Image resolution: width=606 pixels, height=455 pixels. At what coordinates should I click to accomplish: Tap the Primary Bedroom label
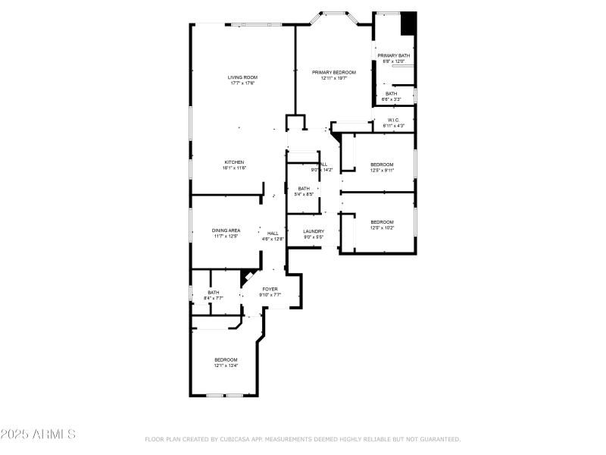[x=334, y=72]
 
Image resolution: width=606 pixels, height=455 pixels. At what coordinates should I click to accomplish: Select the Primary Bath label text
[x=394, y=55]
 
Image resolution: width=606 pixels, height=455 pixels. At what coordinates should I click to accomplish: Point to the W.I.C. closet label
[x=394, y=120]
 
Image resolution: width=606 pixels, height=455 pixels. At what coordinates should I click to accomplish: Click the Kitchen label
[x=234, y=162]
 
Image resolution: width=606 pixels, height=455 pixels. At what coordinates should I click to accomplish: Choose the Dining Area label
[x=226, y=231]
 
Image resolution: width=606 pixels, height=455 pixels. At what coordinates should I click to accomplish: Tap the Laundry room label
[x=314, y=231]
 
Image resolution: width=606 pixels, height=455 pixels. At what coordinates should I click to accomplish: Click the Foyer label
[x=270, y=289]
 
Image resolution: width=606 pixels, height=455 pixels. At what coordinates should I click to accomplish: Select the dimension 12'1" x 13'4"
[x=226, y=366]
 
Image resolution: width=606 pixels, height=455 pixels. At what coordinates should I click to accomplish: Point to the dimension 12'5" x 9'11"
[x=382, y=170]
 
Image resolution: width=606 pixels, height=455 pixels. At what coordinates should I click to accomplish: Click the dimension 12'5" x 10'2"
[x=382, y=227]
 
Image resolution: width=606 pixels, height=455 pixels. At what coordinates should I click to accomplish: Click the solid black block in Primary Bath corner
[x=408, y=23]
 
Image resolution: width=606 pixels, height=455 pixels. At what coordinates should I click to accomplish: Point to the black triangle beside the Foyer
[x=245, y=277]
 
